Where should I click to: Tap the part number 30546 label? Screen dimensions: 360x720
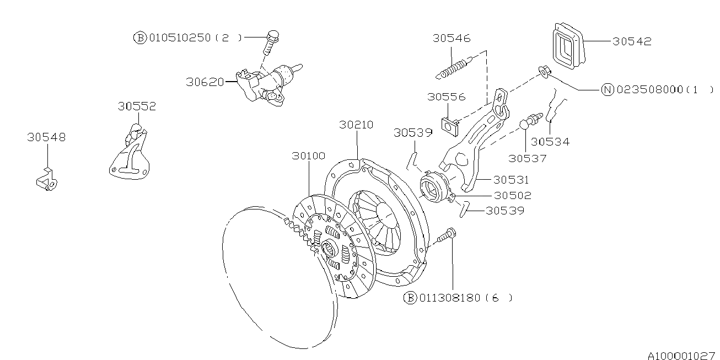451,38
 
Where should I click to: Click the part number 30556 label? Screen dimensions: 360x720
445,97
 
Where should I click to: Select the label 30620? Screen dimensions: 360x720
205,82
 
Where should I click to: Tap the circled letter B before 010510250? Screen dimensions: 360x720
140,37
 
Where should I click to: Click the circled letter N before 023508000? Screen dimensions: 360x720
608,90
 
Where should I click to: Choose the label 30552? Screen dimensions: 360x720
136,106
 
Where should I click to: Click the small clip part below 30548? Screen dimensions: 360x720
47,181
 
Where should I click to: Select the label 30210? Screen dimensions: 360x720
356,125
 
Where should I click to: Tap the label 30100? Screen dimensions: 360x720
309,156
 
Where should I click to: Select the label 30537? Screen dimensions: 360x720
527,158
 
